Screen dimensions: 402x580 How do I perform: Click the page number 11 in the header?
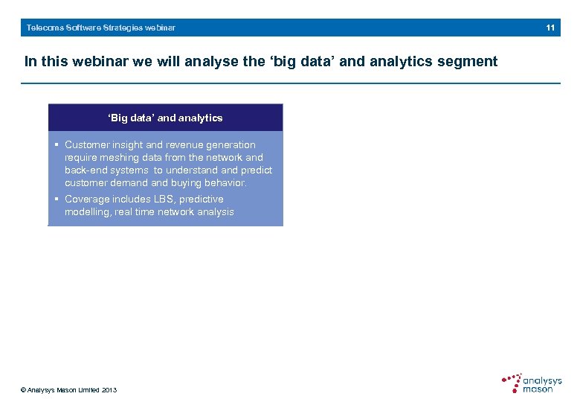point(550,28)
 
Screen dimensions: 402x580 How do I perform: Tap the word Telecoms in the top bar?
point(44,28)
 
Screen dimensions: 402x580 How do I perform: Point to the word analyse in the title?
point(210,62)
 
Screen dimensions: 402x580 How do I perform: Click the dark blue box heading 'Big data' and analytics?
point(165,118)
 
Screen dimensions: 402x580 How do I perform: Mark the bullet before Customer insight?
point(57,145)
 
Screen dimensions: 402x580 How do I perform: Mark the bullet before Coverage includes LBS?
point(57,200)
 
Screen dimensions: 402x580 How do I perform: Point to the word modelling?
point(87,212)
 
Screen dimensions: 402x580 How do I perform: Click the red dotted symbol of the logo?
point(512,383)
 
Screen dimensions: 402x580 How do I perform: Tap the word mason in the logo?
point(538,389)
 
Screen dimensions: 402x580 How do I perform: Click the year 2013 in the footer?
point(109,390)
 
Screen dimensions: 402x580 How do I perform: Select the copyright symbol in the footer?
point(24,390)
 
